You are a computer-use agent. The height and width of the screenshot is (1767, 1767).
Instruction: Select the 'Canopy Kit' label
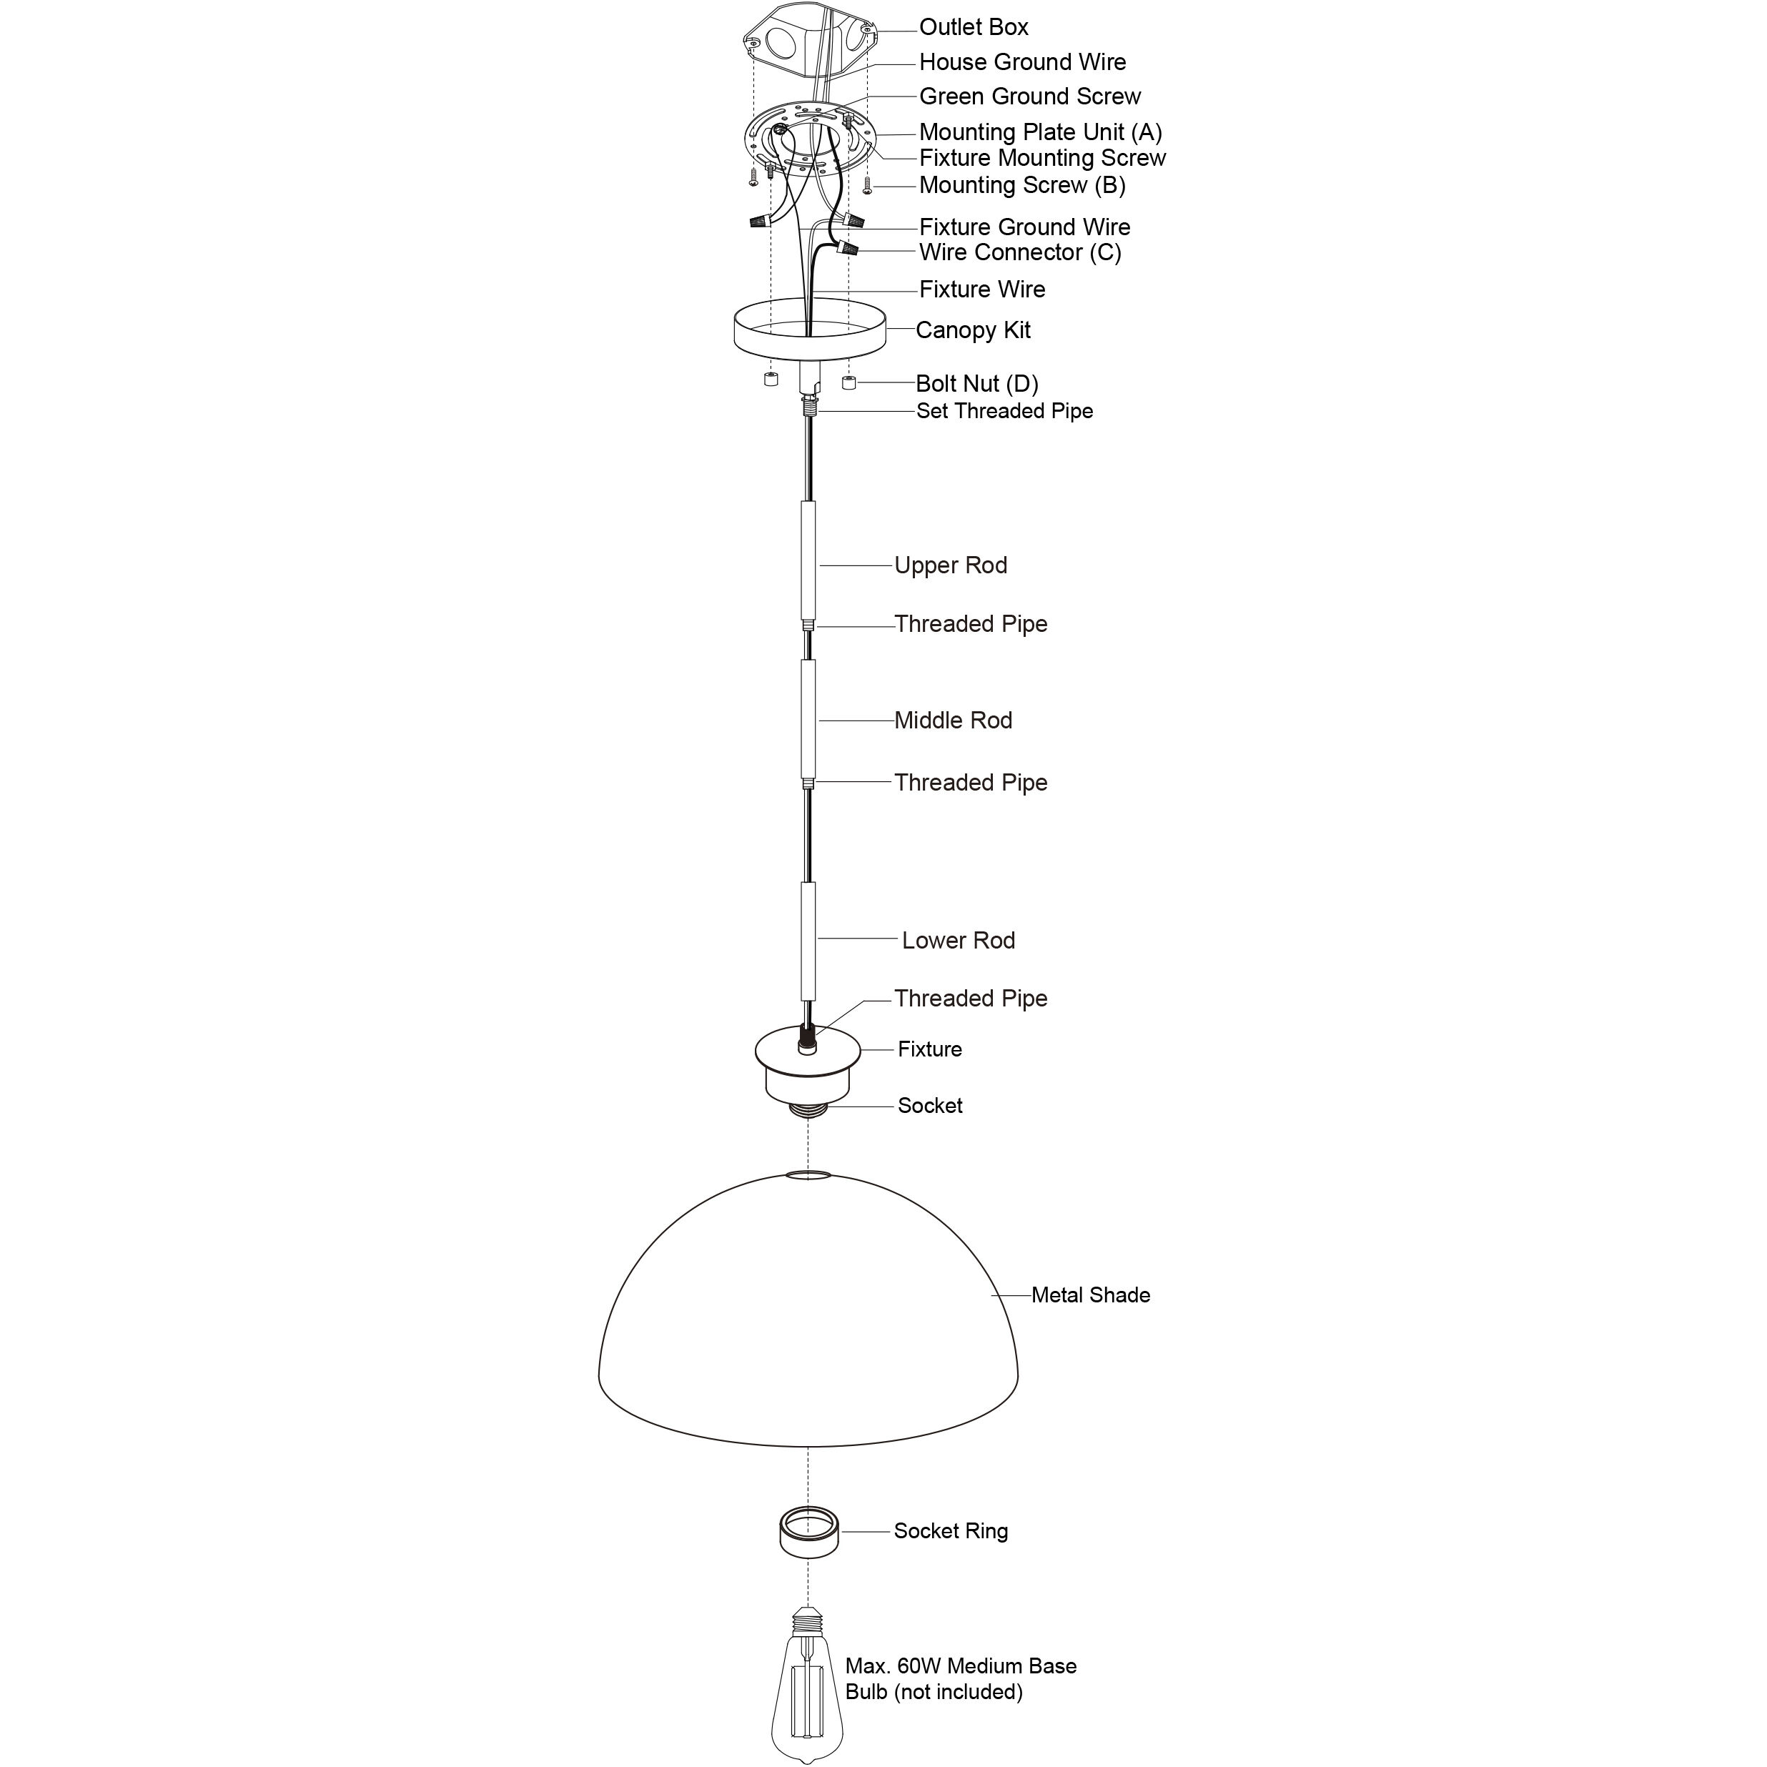pos(972,330)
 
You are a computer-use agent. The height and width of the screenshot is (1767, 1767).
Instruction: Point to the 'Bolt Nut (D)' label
pos(977,383)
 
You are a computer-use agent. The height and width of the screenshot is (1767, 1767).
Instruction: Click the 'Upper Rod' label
pos(950,565)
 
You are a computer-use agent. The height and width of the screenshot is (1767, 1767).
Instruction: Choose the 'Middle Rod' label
pos(953,721)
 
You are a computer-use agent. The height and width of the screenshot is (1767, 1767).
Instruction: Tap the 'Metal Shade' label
pos(1090,1295)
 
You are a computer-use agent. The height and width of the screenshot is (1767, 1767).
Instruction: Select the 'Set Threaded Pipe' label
pos(1004,412)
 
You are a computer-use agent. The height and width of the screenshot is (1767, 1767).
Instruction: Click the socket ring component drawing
pos(808,1532)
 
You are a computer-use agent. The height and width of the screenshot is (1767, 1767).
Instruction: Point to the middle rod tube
pos(808,719)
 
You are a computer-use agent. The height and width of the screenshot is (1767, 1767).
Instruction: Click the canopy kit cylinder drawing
pos(809,331)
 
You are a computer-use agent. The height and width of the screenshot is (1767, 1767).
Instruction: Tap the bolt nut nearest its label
pos(848,382)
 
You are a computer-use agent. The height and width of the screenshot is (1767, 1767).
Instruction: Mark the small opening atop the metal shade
pos(808,1174)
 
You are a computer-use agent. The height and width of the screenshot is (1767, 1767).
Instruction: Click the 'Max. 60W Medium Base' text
pos(960,1666)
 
